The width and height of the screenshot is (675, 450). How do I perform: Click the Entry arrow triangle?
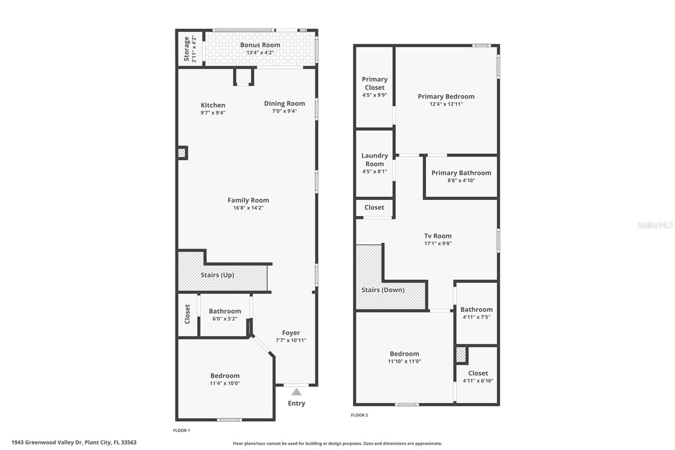click(x=297, y=392)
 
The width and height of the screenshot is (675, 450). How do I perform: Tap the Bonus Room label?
click(x=260, y=45)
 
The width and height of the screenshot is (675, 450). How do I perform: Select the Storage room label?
click(x=186, y=49)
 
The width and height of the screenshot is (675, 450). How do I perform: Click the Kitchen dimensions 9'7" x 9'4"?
click(x=213, y=113)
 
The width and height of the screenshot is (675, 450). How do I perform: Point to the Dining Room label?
click(x=284, y=103)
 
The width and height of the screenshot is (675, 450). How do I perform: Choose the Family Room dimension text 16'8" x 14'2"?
click(x=248, y=208)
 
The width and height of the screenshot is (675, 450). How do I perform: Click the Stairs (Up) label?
click(x=217, y=275)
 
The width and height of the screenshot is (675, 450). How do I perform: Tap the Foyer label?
click(x=291, y=333)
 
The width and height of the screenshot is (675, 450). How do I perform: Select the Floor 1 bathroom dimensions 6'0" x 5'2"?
click(x=225, y=319)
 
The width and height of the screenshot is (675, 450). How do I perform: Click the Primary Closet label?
click(x=375, y=83)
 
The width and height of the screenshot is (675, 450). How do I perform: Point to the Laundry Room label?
click(x=375, y=160)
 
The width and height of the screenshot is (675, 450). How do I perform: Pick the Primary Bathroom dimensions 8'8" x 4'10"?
click(x=461, y=180)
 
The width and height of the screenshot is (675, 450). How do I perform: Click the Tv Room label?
click(x=438, y=236)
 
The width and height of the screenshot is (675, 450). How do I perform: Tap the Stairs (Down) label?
click(x=383, y=290)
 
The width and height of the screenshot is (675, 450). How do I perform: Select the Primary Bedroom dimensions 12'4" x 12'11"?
click(x=446, y=104)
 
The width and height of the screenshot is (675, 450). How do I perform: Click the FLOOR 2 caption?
click(x=359, y=415)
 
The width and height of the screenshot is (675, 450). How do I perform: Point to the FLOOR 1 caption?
click(x=181, y=430)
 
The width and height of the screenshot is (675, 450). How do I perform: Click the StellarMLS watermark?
click(x=655, y=225)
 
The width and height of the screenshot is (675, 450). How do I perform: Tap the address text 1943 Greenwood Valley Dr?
click(x=46, y=442)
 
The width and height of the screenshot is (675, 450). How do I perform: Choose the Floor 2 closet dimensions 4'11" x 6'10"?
click(x=478, y=380)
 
